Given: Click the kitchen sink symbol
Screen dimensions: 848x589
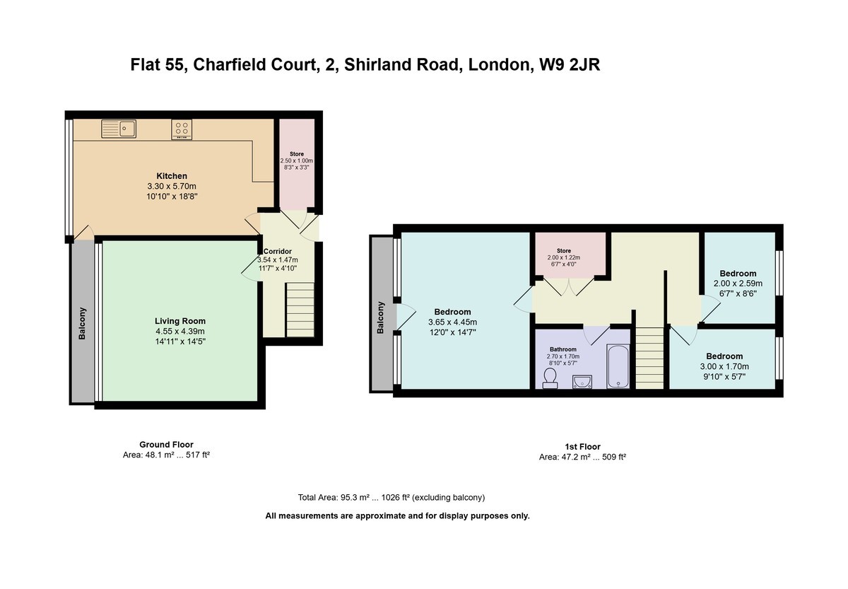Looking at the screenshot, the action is point(119,129).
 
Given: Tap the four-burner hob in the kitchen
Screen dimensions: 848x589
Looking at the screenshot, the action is point(182,129).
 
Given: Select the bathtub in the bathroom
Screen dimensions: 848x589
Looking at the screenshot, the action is point(618,366).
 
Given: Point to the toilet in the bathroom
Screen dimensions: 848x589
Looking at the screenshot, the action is point(550,378).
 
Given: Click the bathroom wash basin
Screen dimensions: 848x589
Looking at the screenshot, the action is point(582,382).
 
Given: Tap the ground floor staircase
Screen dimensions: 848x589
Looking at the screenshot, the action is point(300,310).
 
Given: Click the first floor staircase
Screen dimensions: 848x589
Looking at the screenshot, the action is point(649,358).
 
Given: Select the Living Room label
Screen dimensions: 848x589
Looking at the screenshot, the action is point(180,321).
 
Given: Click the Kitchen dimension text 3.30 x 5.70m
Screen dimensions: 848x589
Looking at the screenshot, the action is point(172,187).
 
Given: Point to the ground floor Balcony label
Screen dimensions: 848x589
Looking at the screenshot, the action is point(82,323).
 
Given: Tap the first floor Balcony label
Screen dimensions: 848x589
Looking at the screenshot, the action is point(380,317).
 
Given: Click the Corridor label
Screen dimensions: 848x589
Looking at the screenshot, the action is point(278,251).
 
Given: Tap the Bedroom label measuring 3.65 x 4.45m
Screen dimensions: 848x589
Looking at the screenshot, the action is point(452,312).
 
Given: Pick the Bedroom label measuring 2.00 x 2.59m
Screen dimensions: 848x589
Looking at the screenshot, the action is point(738,274).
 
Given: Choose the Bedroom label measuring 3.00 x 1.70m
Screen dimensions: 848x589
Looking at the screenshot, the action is point(724,356).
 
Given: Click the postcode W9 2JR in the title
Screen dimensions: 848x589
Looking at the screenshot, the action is point(570,64).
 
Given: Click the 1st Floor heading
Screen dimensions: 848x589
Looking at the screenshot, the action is point(582,447).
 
